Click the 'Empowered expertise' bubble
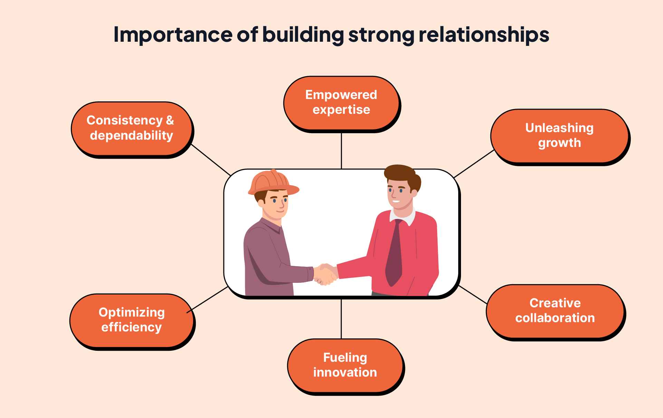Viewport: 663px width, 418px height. pos(341,103)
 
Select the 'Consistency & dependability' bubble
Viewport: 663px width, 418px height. pos(131,128)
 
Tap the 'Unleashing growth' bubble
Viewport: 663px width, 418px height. pos(559,136)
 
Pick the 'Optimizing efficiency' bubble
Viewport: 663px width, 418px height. pos(132,320)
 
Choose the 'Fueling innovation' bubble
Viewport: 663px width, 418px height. pos(345,365)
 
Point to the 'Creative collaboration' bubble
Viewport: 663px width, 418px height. pos(555,311)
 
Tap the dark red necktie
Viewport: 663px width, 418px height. pos(395,255)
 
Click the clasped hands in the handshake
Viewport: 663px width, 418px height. pos(325,274)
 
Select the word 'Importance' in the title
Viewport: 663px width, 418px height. pos(173,35)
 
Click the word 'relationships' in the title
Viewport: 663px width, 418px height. pos(484,35)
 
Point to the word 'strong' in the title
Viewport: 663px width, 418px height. pos(381,35)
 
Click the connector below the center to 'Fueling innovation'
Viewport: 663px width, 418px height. pos(341,319)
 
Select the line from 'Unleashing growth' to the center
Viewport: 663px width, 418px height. pos(474,164)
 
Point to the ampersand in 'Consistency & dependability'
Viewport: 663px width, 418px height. pos(170,120)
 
